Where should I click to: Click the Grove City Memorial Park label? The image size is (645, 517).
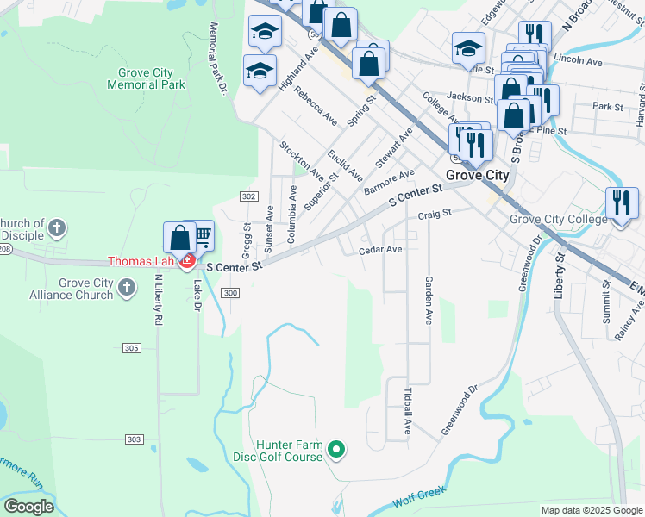pos(146,78)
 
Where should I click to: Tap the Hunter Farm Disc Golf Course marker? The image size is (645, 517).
pos(338,449)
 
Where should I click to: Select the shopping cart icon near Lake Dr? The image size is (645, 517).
pos(203,235)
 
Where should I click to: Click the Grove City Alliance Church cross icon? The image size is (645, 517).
pos(126,287)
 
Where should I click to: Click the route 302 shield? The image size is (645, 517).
pos(248,197)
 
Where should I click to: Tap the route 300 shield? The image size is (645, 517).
pos(229,294)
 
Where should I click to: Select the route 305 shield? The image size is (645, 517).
pos(132,348)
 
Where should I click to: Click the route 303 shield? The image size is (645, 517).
pos(134,439)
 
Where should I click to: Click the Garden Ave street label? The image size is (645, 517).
pos(427,300)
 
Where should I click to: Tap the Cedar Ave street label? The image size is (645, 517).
pos(380,249)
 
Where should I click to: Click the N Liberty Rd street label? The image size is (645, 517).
pos(158,299)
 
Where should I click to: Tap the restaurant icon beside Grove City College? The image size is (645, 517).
pos(621,204)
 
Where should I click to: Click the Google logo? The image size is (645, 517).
pos(28,507)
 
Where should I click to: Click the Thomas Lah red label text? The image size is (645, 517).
pos(141,261)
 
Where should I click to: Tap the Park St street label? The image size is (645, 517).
pos(608,107)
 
